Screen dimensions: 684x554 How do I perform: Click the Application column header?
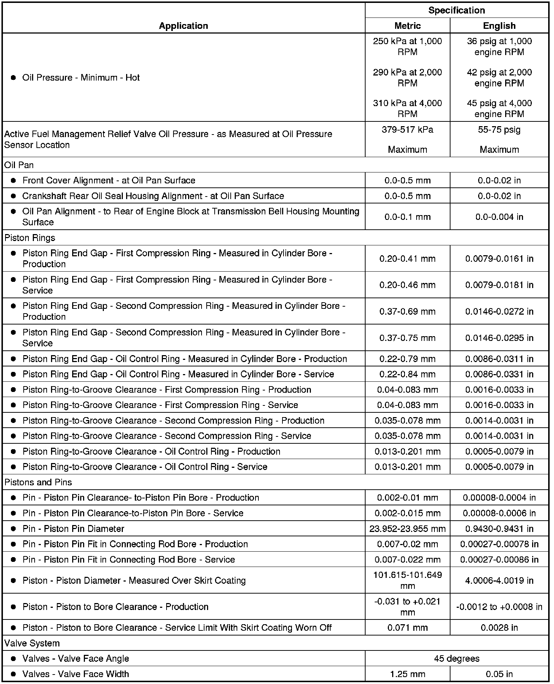point(183,26)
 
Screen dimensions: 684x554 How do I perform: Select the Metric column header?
point(407,26)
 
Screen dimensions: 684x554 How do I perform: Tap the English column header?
point(499,26)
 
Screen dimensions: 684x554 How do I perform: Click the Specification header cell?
point(456,10)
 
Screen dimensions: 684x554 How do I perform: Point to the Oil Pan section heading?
point(19,165)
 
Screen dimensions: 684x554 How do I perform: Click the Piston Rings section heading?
point(30,238)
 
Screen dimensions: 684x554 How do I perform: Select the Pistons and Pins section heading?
point(38,482)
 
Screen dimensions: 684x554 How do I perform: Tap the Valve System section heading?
point(32,643)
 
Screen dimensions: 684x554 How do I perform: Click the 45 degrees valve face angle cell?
point(456,658)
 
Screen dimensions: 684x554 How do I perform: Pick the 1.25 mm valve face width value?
point(407,674)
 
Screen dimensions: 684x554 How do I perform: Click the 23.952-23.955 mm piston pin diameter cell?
point(407,529)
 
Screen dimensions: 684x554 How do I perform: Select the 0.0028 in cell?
point(499,627)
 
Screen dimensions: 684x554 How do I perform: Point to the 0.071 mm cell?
point(407,627)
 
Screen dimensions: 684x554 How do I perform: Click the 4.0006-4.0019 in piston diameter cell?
point(499,580)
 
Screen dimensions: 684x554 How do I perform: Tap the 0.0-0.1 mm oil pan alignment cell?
point(407,217)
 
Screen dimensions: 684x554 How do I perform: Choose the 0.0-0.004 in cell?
point(499,217)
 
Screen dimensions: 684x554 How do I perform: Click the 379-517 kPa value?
point(407,130)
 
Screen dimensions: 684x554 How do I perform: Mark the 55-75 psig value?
point(499,130)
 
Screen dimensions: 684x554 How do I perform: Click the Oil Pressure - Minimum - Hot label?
point(81,78)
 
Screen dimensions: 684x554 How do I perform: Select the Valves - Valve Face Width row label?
point(75,674)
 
